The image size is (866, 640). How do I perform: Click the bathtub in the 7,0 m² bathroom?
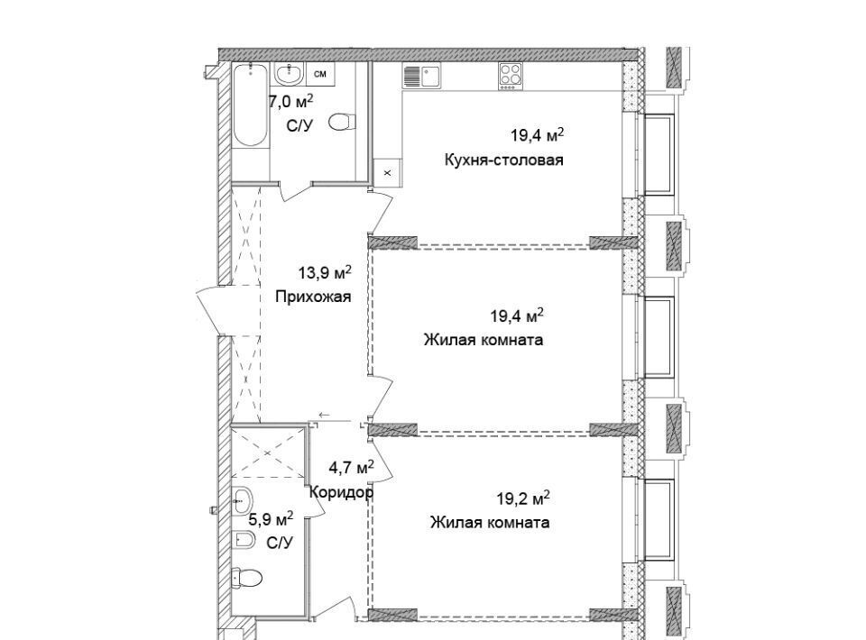(x=251, y=105)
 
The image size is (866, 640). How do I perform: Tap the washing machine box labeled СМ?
(x=319, y=74)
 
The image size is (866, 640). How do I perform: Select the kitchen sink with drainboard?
(x=421, y=76)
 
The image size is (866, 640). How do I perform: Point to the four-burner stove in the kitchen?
(x=511, y=76)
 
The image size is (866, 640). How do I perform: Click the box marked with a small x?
(x=387, y=173)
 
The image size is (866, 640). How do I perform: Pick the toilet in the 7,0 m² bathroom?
(x=341, y=122)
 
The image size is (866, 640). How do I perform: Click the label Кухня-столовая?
(x=503, y=160)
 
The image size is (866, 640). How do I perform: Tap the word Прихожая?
(x=313, y=297)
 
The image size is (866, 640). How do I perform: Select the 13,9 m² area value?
(x=325, y=272)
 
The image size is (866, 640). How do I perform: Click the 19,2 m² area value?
(x=523, y=498)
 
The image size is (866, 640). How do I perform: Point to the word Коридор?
(x=341, y=491)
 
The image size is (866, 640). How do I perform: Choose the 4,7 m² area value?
(x=351, y=468)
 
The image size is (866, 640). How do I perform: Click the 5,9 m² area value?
(x=271, y=518)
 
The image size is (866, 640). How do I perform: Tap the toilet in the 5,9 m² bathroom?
(x=247, y=577)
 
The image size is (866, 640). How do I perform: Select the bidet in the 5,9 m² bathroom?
(x=243, y=539)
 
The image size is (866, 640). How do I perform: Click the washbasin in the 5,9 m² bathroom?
(x=242, y=501)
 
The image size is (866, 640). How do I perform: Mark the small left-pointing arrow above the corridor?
(x=324, y=415)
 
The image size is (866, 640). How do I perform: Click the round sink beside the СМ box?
(x=289, y=73)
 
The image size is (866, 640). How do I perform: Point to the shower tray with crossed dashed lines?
(x=268, y=453)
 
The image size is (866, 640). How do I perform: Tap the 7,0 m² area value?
(x=291, y=102)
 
